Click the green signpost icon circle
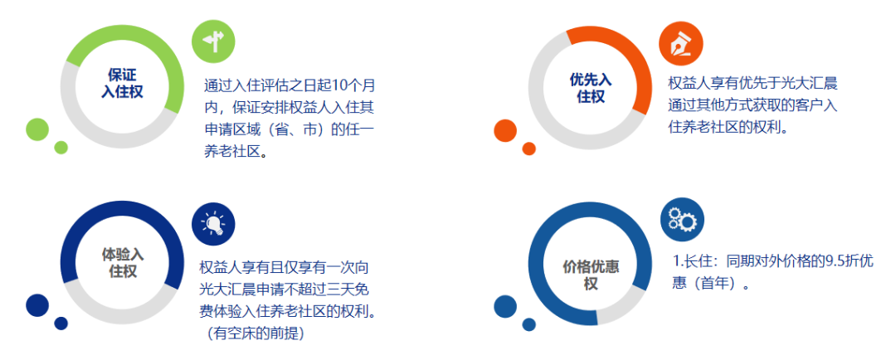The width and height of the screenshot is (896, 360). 213,41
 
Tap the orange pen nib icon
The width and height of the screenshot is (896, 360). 680,43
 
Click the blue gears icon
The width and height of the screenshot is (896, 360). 682,220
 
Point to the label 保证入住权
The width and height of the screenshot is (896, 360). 122,84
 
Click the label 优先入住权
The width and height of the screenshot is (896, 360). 591,88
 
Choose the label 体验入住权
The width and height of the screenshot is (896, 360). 122,262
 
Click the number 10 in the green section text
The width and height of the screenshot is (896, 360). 339,86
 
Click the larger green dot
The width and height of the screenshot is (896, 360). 37,129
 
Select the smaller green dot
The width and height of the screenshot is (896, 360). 61,148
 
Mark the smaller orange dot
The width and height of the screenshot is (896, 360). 529,148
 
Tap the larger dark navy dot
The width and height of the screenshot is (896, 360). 37,305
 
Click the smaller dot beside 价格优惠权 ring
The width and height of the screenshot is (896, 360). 529,324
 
